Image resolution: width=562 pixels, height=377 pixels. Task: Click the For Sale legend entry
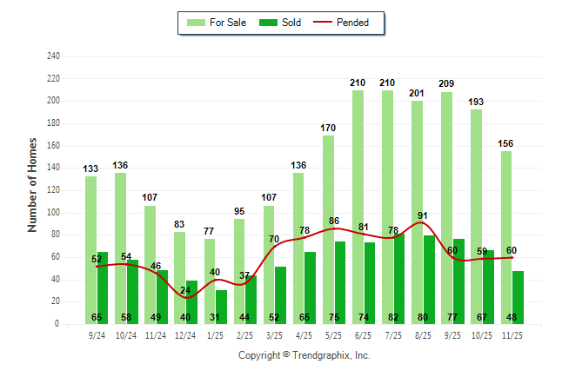tap(218, 23)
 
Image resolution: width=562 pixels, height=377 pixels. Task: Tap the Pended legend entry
tap(351, 23)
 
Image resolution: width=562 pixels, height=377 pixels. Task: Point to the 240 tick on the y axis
tap(53, 56)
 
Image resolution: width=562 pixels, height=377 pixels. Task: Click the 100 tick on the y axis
tap(53, 213)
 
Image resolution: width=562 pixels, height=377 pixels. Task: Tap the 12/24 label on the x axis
tap(185, 334)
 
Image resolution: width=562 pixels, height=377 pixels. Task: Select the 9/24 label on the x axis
tap(97, 334)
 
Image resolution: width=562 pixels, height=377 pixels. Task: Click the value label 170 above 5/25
tap(328, 128)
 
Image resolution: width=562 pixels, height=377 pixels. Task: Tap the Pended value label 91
tap(423, 216)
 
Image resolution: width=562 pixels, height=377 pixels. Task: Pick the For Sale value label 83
tap(180, 224)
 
